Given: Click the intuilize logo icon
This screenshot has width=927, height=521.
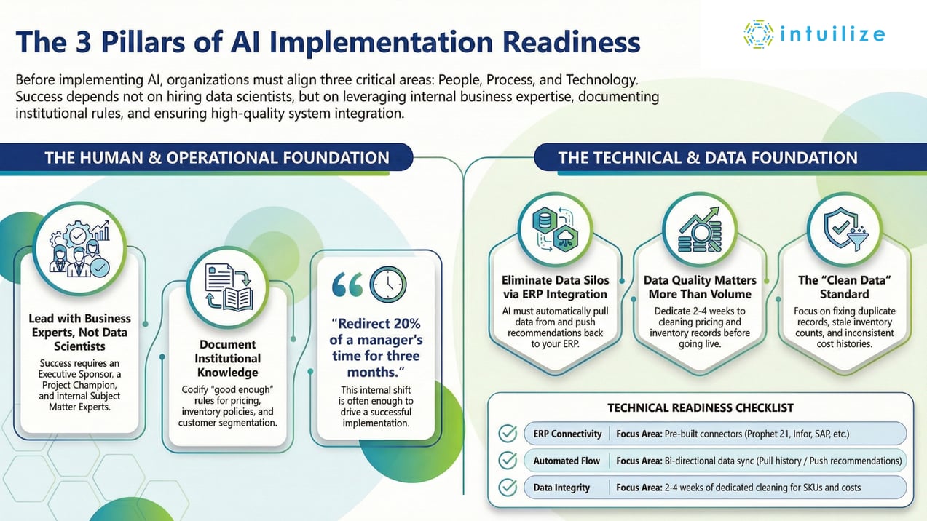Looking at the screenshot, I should pos(757,34).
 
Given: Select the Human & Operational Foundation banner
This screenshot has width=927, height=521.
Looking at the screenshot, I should pos(216,158).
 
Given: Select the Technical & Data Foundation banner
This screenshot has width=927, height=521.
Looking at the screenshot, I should pos(707,158).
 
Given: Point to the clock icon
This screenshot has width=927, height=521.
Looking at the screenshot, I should pos(387,285).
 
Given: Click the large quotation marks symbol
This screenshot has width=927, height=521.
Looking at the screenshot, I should pos(347,285).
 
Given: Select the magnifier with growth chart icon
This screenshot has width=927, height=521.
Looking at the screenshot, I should pos(699,227).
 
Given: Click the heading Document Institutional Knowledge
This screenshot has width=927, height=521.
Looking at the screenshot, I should pos(228,358).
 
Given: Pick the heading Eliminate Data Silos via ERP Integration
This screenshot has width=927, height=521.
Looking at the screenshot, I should pos(555,287).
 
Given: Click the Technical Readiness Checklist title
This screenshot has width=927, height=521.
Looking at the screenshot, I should pos(700,407).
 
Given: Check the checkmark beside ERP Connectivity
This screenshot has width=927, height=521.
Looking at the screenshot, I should pos(507,434).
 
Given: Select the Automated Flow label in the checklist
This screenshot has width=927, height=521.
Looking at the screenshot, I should pos(567,461).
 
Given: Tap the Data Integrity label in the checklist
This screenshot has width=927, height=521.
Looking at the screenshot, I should pos(561,487).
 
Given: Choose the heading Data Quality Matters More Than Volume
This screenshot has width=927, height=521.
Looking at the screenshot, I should pos(699,287).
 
